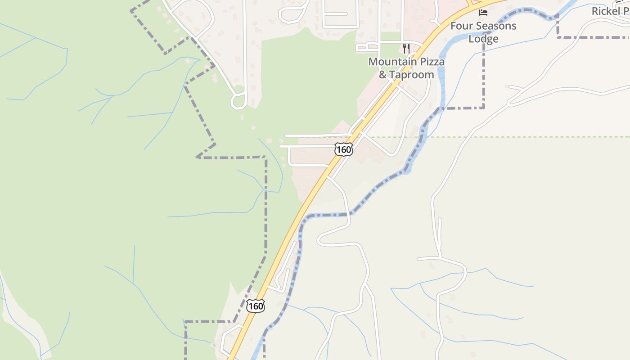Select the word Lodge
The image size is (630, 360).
coord(483,39)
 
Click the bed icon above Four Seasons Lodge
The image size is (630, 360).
coord(483,12)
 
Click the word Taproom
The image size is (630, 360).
coord(412,75)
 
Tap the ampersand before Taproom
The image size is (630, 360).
coord(382,75)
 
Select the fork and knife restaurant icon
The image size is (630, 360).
coord(406,48)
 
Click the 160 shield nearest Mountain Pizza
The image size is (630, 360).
coord(343,149)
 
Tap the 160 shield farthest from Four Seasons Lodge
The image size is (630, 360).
coord(255,306)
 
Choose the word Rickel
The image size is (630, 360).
coord(606,11)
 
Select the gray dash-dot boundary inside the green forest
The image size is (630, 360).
coord(266,202)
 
